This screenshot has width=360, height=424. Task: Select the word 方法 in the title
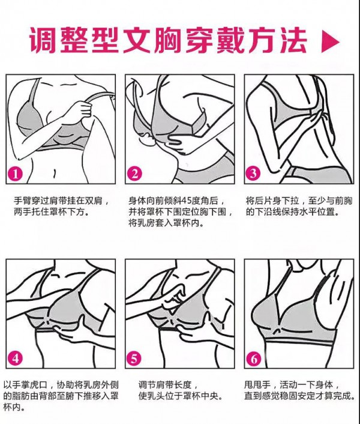click(287, 40)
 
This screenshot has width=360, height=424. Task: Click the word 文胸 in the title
click(183, 40)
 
